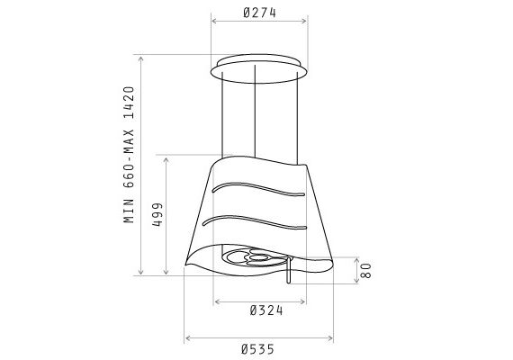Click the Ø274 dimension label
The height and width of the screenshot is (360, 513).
tap(260, 13)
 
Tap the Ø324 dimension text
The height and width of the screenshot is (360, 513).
tap(266, 310)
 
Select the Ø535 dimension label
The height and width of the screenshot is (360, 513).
tap(257, 349)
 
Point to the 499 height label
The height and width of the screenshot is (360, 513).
tap(157, 215)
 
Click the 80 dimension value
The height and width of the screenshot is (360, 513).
tap(365, 271)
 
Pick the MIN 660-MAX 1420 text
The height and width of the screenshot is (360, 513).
tap(130, 155)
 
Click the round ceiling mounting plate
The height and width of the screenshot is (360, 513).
tap(258, 68)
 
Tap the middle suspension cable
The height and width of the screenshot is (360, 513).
tap(255, 112)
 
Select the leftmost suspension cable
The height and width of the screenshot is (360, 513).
tap(222, 115)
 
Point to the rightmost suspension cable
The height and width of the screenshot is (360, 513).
tap(297, 118)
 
